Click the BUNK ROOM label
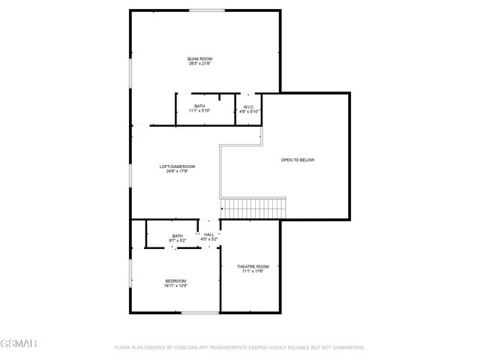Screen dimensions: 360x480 [199, 58]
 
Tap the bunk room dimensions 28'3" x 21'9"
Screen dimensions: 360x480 [199, 64]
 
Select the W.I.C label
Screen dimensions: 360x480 [248, 106]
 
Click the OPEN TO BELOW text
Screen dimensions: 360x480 [297, 160]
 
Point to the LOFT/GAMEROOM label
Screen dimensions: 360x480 [177, 166]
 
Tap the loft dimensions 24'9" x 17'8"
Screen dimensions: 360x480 [177, 172]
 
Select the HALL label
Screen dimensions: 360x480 [209, 235]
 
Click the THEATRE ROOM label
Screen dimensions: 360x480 [253, 267]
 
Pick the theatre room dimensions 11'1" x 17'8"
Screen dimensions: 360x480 [253, 272]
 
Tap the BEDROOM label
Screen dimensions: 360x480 [175, 280]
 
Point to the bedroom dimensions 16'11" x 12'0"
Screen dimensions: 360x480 [175, 286]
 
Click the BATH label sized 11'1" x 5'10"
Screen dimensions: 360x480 [199, 106]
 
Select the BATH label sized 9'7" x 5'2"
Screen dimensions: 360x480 [177, 235]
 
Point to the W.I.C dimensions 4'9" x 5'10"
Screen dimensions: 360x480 [248, 112]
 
